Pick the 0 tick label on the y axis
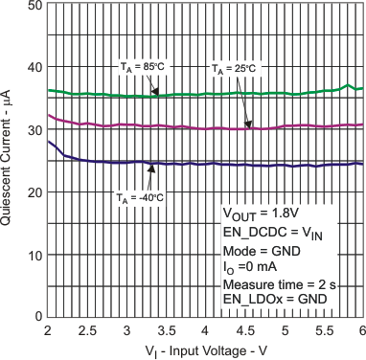coord(36,316)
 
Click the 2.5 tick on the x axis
coord(85,329)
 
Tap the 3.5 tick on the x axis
coord(164,329)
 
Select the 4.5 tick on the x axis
coord(242,329)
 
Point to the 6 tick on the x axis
coord(360,329)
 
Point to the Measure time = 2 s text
coord(277,284)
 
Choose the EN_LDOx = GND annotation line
coord(276,301)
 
